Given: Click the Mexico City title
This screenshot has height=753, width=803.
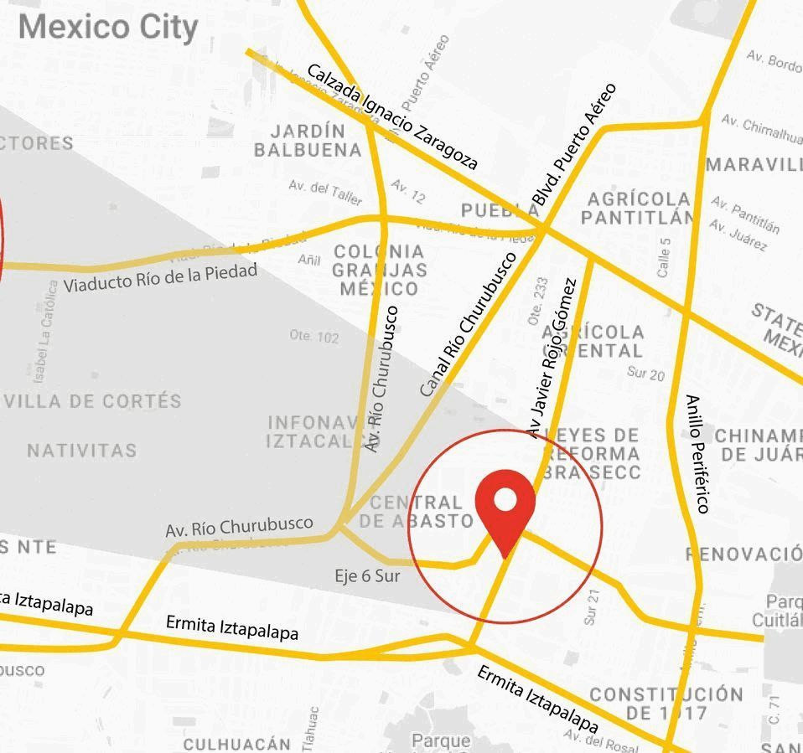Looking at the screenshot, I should (108, 27).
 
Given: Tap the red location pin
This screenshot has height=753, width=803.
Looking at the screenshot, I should (505, 507).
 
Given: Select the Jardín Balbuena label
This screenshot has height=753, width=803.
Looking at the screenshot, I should (308, 141).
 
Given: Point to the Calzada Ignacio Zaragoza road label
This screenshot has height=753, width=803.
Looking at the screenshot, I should (392, 116).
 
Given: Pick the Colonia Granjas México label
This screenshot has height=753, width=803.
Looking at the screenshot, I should (379, 270).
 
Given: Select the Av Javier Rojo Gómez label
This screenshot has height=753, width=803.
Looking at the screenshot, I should (552, 357).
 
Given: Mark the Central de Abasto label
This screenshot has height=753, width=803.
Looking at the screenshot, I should (417, 512).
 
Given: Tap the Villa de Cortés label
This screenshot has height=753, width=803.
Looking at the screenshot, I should (92, 401).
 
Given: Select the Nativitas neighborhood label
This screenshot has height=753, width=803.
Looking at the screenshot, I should (81, 451).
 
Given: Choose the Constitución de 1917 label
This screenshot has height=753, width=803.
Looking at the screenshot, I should (666, 704).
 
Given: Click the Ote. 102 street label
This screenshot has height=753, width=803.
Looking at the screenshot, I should (314, 337).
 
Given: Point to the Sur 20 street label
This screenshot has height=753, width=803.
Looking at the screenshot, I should (645, 374).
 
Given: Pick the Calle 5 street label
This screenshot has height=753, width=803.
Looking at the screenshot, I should (664, 258).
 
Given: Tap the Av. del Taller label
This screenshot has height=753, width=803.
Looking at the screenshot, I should (325, 192).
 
